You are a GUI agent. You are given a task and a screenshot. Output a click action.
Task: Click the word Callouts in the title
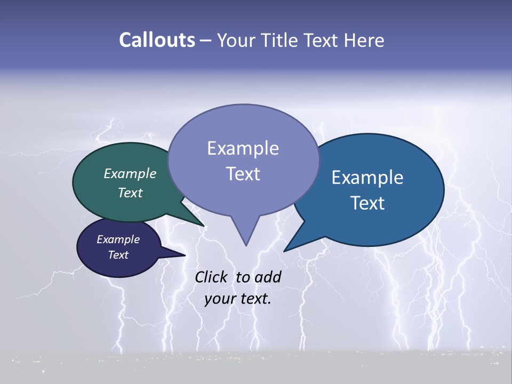pyautogui.click(x=157, y=40)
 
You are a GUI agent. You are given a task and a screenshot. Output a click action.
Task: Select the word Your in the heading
pyautogui.click(x=236, y=40)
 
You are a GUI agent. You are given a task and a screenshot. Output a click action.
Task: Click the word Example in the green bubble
pyautogui.click(x=130, y=174)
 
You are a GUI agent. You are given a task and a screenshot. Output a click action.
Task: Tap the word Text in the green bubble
pyautogui.click(x=130, y=193)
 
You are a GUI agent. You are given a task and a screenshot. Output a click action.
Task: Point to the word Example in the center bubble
pyautogui.click(x=243, y=148)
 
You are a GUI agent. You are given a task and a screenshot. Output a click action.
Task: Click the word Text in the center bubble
pyautogui.click(x=243, y=174)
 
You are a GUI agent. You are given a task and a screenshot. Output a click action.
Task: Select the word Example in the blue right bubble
pyautogui.click(x=367, y=178)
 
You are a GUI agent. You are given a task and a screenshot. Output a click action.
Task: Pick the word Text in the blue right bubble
pyautogui.click(x=367, y=203)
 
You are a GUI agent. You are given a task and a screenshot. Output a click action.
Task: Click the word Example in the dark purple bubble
pyautogui.click(x=118, y=239)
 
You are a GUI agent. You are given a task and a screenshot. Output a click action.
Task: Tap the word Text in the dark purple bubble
pyautogui.click(x=118, y=255)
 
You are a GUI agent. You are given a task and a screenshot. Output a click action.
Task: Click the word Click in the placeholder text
pyautogui.click(x=211, y=277)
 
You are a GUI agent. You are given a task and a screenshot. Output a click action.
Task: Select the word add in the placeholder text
pyautogui.click(x=268, y=277)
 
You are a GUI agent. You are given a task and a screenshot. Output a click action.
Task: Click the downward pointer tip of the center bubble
pyautogui.click(x=246, y=245)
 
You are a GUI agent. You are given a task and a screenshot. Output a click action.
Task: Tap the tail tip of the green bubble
pyautogui.click(x=204, y=226)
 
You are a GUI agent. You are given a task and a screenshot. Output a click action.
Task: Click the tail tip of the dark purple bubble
pyautogui.click(x=185, y=255)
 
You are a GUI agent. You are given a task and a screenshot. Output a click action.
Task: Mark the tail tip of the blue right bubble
pyautogui.click(x=284, y=251)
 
